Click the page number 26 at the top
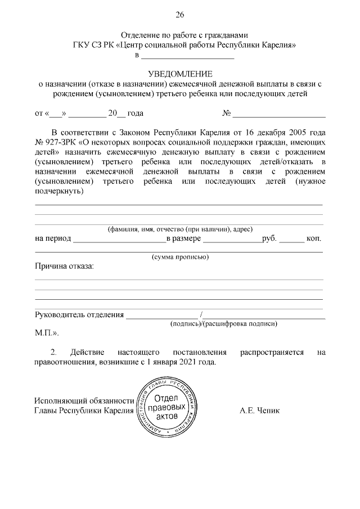point(180,15)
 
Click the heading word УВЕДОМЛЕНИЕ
point(180,74)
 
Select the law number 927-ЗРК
point(60,143)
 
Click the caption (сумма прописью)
point(181,257)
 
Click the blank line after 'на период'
point(119,240)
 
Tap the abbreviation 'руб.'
point(269,238)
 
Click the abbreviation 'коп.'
point(314,238)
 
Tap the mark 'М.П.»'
point(46,333)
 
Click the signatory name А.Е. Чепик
point(259,410)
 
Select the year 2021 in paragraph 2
point(185,362)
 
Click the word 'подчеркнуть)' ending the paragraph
point(59,191)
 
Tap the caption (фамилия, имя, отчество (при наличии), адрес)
point(180,229)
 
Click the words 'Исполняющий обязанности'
point(84,400)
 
